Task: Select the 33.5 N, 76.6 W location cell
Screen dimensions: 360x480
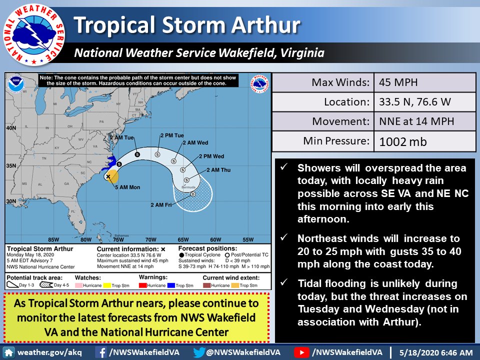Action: (x=415, y=101)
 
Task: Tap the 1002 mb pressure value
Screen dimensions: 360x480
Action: (x=403, y=141)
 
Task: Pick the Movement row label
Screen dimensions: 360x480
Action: (x=339, y=121)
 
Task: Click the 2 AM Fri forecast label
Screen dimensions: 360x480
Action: (x=161, y=204)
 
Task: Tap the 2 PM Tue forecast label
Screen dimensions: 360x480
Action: (x=172, y=136)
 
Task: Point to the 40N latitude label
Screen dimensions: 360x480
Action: (x=11, y=128)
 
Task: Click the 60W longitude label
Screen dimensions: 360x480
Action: (x=215, y=238)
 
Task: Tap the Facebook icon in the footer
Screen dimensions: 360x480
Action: (x=100, y=352)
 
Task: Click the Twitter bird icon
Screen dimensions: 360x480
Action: (x=199, y=352)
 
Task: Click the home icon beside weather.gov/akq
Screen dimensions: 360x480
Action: (x=9, y=352)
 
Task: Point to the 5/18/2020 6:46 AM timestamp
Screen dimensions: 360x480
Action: (x=435, y=352)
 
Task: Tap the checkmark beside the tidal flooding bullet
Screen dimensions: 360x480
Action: (x=284, y=283)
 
